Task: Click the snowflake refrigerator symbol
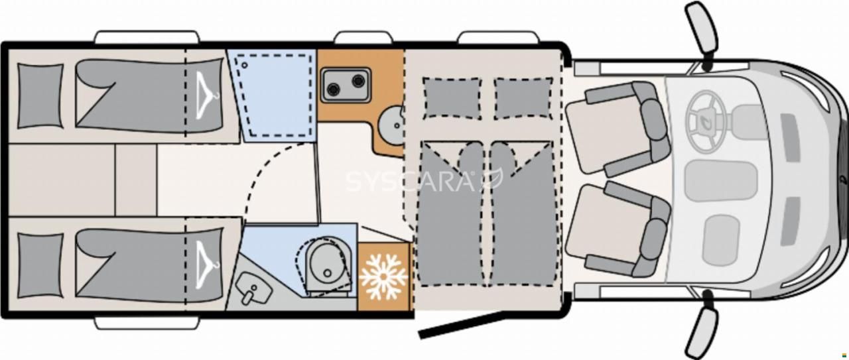[383, 276]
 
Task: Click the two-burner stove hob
[346, 85]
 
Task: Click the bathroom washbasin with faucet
[254, 289]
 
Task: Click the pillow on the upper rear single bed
[40, 96]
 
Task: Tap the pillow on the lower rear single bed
[40, 265]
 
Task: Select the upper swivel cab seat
[617, 129]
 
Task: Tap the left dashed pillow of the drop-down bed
[452, 99]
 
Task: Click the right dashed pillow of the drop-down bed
[523, 99]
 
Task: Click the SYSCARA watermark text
[410, 182]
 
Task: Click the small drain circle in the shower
[245, 65]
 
